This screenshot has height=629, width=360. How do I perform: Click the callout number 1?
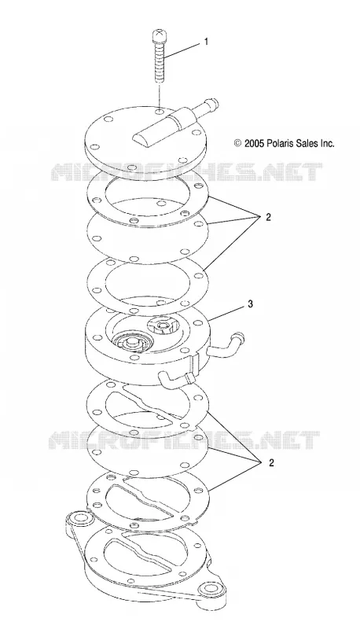(x=207, y=42)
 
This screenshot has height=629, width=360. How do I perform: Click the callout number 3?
(x=250, y=304)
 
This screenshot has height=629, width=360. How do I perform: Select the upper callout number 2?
(x=268, y=218)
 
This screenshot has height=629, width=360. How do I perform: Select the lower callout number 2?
(x=271, y=463)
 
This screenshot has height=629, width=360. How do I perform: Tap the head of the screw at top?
(x=159, y=35)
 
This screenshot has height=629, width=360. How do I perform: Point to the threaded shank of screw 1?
(x=159, y=62)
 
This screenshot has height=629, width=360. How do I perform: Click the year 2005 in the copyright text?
(x=254, y=143)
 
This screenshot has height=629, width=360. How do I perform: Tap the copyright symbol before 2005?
(x=237, y=143)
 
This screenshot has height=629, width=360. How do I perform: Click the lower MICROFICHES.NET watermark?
(x=184, y=440)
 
